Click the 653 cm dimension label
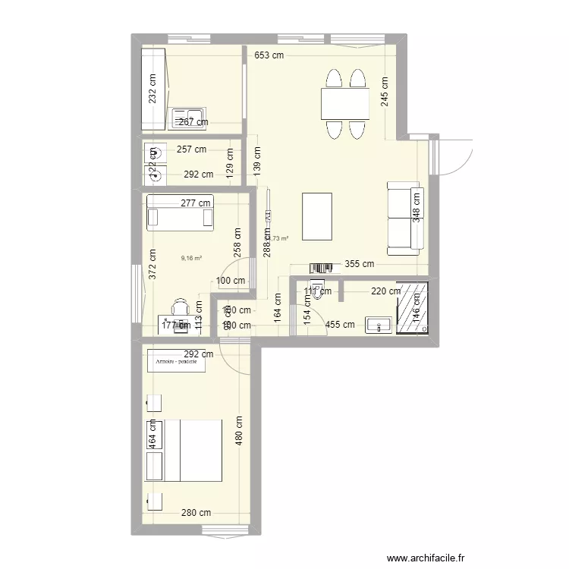[269, 55]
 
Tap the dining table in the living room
[345, 103]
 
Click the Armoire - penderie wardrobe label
[177, 362]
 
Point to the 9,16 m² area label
[191, 258]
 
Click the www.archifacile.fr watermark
[425, 558]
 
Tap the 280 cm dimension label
[197, 513]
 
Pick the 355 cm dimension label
[360, 265]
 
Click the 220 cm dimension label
[385, 291]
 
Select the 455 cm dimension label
[340, 325]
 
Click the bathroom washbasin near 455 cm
[378, 325]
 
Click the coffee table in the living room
[317, 216]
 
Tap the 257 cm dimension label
[191, 150]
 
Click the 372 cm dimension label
[152, 263]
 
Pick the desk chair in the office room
[180, 307]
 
